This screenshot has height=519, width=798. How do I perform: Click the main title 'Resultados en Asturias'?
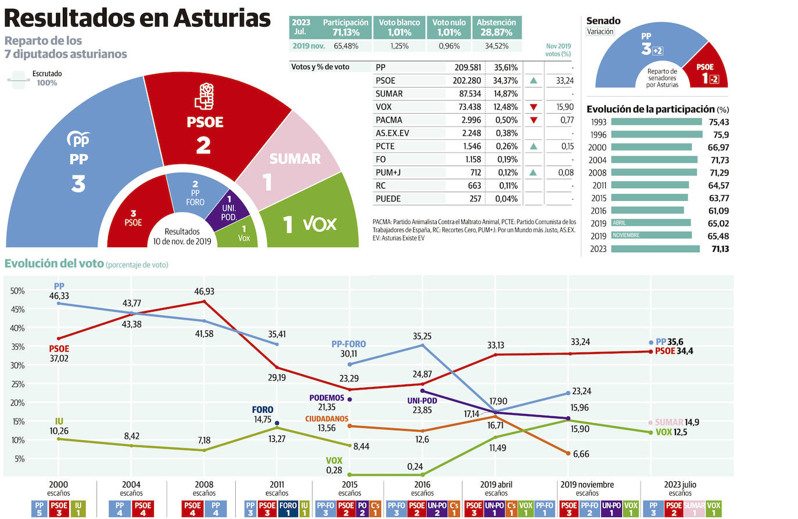coord(137,18)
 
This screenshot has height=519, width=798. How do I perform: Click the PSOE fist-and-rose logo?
coord(204,96)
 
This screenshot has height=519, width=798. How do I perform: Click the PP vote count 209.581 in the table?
coord(467,67)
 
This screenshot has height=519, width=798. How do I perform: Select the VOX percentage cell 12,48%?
coord(505,107)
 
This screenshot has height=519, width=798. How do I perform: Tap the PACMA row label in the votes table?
coord(389,120)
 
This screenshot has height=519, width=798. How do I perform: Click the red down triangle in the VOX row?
coord(533,107)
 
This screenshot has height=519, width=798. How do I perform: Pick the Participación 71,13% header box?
coord(345,27)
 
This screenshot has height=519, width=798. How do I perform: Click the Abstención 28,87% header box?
coord(496,27)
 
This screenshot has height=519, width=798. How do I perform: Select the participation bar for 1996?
coord(656,135)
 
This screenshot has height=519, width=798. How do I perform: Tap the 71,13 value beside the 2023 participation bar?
coord(719,249)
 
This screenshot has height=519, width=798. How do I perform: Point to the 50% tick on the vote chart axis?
coord(17,291)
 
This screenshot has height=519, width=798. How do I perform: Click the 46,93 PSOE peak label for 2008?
coord(204,291)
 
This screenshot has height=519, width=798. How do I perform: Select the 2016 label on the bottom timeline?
coord(422,485)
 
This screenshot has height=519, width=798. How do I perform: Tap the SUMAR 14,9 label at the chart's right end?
coord(677,423)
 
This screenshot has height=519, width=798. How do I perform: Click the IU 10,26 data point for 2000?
coord(59,439)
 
